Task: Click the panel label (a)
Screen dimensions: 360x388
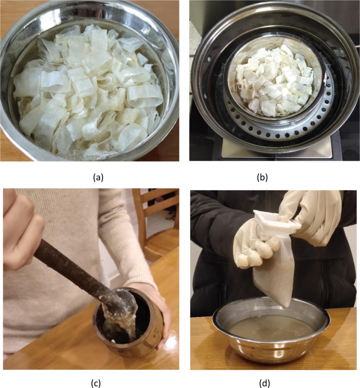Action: pos(98,177)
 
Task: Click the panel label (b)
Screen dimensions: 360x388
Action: pos(262,177)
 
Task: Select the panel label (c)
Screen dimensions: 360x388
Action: pos(96,383)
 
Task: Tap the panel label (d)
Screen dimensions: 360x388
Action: pos(264,383)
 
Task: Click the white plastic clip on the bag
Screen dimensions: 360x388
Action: pos(277,221)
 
